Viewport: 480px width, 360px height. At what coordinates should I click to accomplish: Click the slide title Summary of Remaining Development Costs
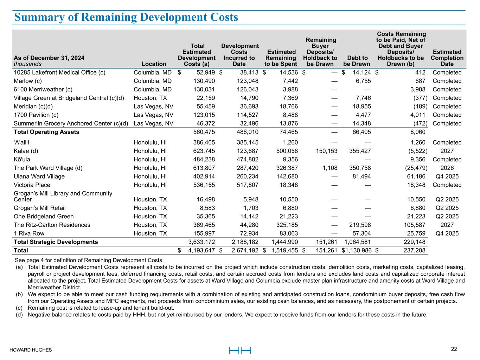tap(126, 17)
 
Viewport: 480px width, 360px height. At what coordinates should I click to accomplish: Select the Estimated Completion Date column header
tap(447, 58)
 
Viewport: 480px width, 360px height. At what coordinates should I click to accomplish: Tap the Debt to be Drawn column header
tap(357, 61)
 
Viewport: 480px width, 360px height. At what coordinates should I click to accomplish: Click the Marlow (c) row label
tap(28, 81)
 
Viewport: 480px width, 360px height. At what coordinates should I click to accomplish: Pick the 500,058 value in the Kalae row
tap(284, 151)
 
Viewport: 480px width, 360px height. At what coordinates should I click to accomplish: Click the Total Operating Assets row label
tap(46, 132)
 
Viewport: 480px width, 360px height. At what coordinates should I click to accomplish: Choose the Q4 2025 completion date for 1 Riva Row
tap(447, 233)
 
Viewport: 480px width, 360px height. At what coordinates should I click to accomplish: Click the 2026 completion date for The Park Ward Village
tap(447, 168)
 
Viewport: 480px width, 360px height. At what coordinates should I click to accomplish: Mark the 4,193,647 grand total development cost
tap(201, 251)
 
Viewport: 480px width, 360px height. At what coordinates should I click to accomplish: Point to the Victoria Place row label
tap(32, 185)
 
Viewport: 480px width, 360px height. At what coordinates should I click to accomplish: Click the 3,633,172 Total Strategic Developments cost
tap(201, 242)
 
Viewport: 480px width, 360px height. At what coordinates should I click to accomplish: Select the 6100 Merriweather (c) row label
tap(40, 89)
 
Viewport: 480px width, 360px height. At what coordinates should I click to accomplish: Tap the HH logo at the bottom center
tap(240, 350)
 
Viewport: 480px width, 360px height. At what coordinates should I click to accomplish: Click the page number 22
tap(454, 349)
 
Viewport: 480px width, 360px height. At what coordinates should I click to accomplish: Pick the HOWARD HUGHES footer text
tap(31, 350)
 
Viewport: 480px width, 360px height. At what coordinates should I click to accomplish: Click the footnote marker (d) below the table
tap(19, 315)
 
